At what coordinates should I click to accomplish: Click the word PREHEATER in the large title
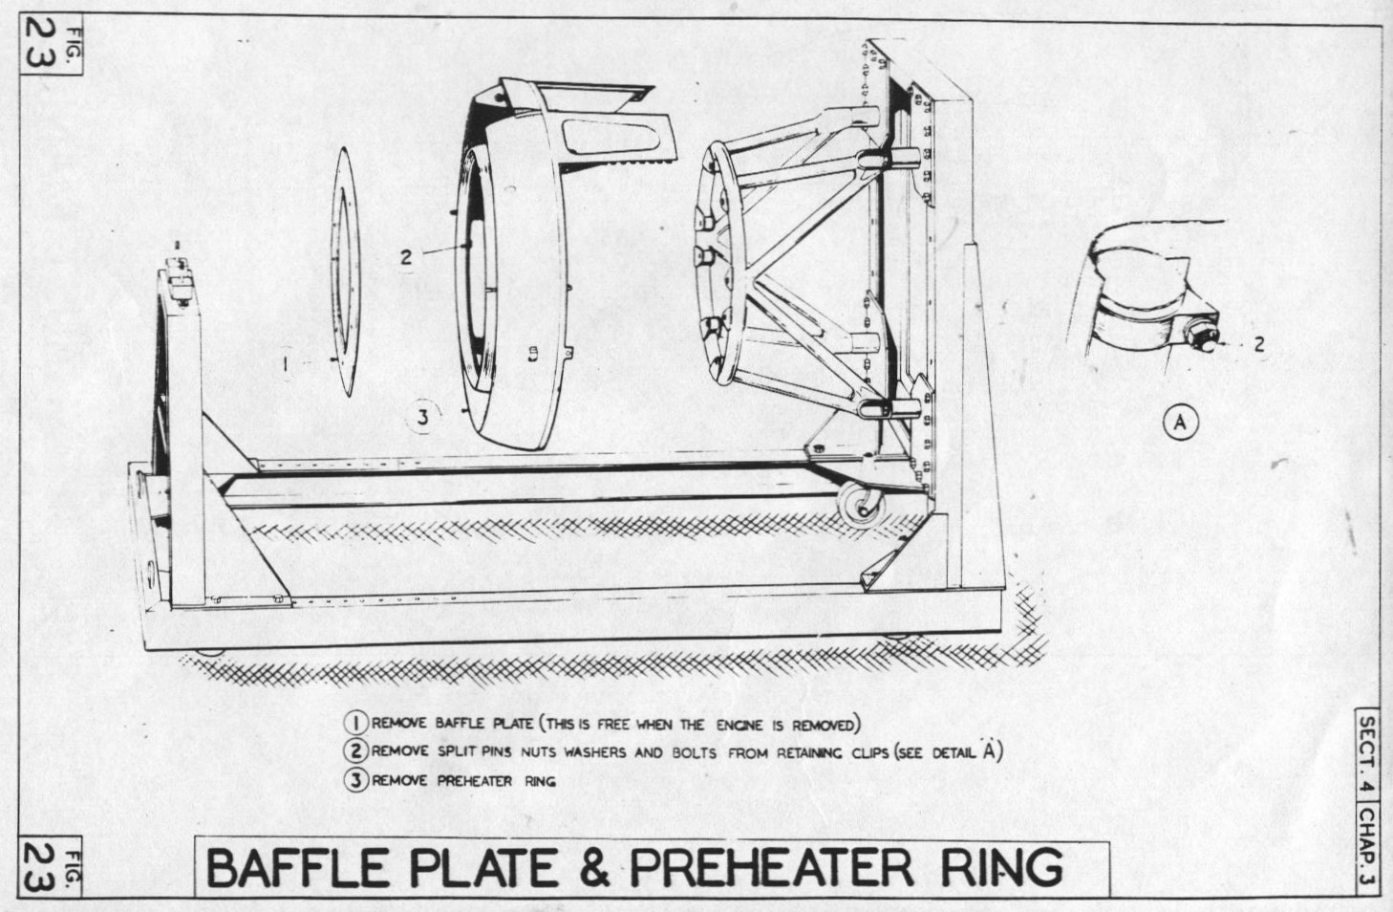click(772, 868)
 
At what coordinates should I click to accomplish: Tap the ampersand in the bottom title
click(594, 868)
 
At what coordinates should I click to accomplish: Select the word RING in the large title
click(1001, 868)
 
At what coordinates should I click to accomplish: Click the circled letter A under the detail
click(1180, 423)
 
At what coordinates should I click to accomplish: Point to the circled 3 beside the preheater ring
click(423, 416)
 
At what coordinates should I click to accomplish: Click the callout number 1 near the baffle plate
click(286, 363)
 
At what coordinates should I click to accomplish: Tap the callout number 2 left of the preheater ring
click(406, 256)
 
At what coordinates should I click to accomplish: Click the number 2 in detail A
click(1259, 344)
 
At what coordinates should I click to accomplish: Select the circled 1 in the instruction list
click(356, 723)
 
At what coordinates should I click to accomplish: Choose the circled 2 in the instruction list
click(356, 750)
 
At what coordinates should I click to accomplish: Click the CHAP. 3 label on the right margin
click(1367, 849)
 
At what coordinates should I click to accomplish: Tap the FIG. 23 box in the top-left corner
click(51, 45)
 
